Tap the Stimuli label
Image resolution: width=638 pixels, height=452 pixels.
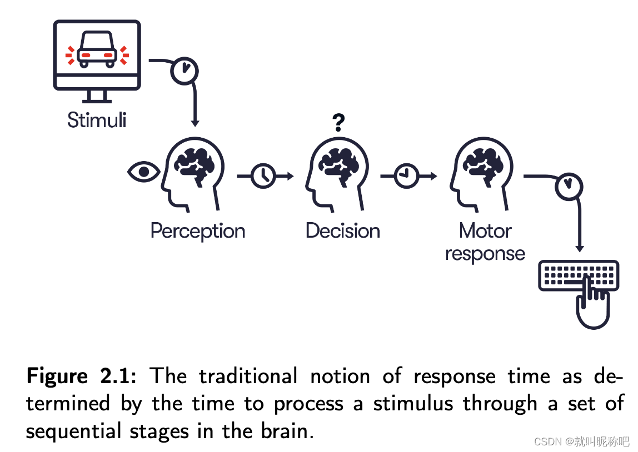tap(97, 120)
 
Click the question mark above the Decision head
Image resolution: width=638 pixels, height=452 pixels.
tap(339, 122)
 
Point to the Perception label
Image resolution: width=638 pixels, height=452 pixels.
tap(197, 230)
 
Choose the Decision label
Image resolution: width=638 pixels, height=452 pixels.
tap(342, 230)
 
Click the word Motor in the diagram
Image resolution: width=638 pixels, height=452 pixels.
tap(485, 230)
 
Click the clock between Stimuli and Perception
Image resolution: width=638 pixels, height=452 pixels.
tap(184, 70)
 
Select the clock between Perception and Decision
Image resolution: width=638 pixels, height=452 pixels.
tap(263, 176)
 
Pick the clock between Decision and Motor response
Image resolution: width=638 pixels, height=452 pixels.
tap(406, 176)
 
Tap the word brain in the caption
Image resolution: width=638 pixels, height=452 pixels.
tap(284, 431)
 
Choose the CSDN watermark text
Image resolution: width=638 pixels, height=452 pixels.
tap(581, 441)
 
